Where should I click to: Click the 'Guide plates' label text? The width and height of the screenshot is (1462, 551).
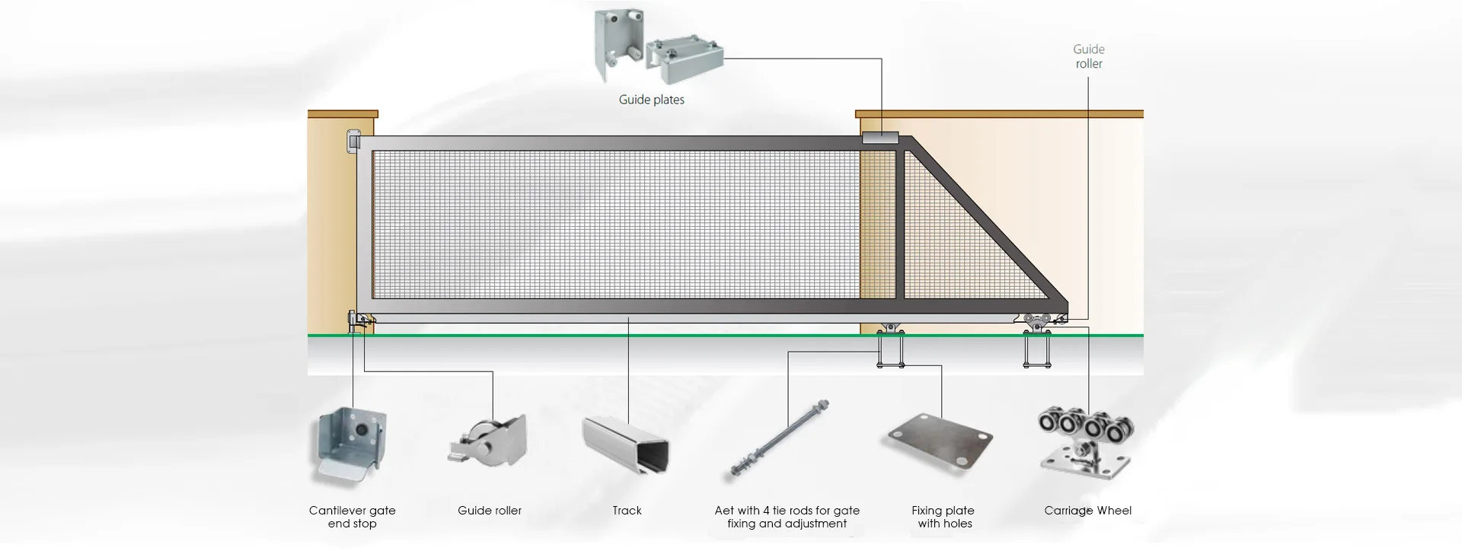[x=651, y=100]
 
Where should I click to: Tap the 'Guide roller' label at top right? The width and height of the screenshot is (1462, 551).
[x=1088, y=56]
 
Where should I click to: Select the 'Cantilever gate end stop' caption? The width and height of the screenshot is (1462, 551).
[x=352, y=517]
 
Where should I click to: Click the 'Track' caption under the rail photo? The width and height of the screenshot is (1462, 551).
[x=627, y=511]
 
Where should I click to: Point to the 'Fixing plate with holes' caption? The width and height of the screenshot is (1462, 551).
[x=943, y=517]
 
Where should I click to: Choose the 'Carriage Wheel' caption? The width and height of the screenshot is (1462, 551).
[x=1087, y=511]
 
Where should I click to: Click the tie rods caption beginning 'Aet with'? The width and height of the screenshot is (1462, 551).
[x=787, y=517]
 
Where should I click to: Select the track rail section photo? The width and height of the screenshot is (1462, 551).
[x=626, y=446]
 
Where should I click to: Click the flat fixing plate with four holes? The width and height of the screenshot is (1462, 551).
[x=941, y=444]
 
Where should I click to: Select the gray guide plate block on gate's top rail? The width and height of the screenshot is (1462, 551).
[x=880, y=139]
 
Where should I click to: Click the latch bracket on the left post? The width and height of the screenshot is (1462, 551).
[x=352, y=142]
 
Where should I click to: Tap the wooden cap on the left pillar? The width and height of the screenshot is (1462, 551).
[x=343, y=114]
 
